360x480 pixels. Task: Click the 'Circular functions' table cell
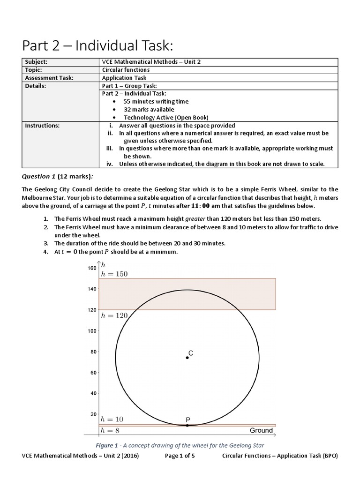[x=126, y=70]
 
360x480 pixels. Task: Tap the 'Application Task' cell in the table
[x=124, y=78]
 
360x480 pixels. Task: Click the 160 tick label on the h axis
[x=91, y=268]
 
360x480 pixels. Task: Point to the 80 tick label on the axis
[x=93, y=352]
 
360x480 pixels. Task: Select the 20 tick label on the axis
[x=93, y=414]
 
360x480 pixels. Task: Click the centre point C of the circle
[x=187, y=357]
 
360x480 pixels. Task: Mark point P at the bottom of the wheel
[x=187, y=425]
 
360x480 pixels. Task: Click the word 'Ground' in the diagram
[x=261, y=430]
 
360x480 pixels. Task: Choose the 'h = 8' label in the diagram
[x=111, y=430]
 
